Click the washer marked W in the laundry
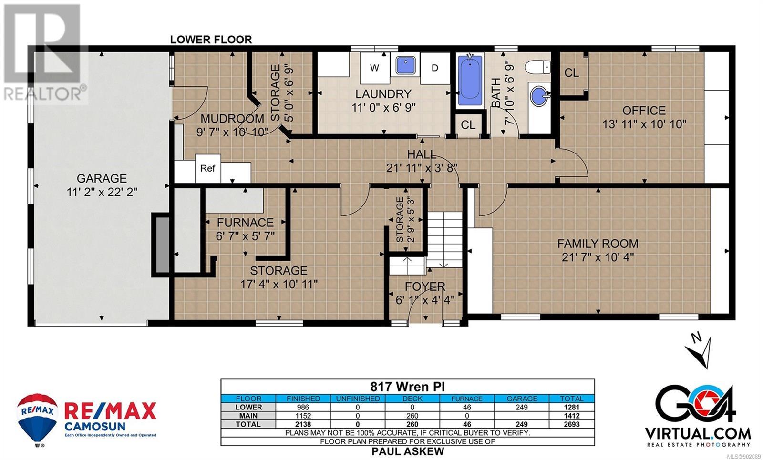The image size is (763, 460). point(375,68)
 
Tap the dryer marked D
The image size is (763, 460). point(435,68)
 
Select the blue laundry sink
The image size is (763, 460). point(405,64)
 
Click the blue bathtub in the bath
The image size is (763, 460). point(470,81)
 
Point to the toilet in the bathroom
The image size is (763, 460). point(537,67)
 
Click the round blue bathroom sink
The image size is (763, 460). point(539,96)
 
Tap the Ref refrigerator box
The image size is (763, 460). point(208,168)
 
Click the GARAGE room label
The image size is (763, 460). point(102,178)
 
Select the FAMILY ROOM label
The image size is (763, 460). point(598,244)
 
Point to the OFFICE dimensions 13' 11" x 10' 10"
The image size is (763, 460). point(644,124)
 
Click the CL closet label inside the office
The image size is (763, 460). point(572,73)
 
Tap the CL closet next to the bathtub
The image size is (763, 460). point(468,125)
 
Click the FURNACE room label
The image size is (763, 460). point(245,223)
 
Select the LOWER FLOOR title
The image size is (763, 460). point(211,40)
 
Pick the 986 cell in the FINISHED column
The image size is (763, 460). point(303,407)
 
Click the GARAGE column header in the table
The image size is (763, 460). point(522,399)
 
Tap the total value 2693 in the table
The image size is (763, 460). point(572,424)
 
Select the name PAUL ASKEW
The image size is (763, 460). point(408,451)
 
